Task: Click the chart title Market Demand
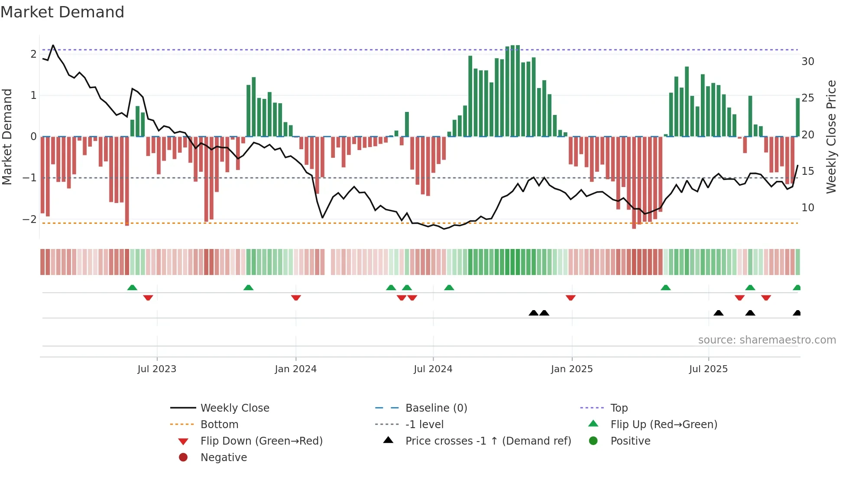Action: tap(62, 12)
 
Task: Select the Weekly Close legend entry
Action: tap(234, 408)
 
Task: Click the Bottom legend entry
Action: tap(219, 424)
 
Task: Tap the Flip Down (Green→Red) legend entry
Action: tap(261, 441)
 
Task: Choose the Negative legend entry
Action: tap(224, 457)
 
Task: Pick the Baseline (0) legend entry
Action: tap(436, 408)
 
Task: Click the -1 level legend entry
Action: tap(424, 424)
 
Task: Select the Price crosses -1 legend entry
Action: tap(488, 441)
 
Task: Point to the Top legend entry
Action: tap(619, 408)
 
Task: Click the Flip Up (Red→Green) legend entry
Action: tap(664, 424)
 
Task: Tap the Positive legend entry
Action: tap(630, 441)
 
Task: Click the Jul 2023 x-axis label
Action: tap(157, 369)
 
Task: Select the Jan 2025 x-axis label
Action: tap(571, 369)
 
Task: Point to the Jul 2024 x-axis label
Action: tap(433, 369)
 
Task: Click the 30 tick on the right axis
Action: tap(807, 61)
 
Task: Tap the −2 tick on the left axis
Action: tap(29, 219)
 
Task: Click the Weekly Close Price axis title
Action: tap(831, 137)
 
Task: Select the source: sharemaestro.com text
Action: tap(767, 340)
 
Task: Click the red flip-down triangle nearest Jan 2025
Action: tap(570, 298)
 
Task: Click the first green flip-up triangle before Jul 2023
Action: tap(132, 288)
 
